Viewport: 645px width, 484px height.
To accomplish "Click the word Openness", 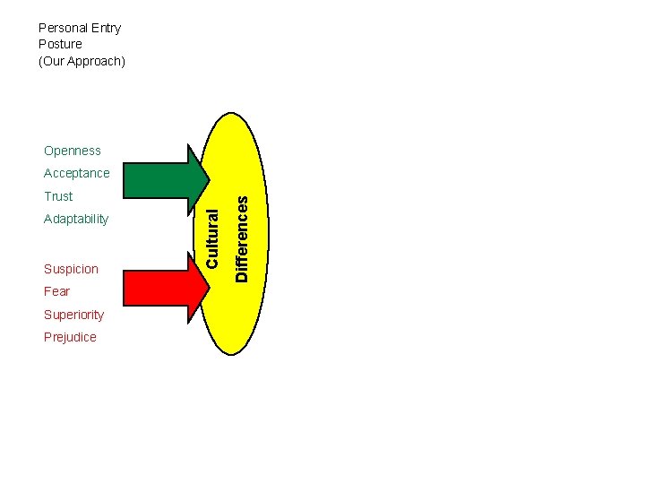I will coord(73,151).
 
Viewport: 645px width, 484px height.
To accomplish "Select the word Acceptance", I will coord(77,173).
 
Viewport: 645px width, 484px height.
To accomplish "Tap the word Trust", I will coord(58,196).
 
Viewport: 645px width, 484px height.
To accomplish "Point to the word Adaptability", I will coord(76,219).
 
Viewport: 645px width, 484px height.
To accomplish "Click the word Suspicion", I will coord(71,269).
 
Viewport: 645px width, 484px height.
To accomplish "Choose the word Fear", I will coord(56,291).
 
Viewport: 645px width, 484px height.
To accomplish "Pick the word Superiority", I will coord(73,315).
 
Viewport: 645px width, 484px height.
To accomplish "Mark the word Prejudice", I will coord(70,337).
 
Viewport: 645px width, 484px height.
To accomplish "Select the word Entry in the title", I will coord(106,28).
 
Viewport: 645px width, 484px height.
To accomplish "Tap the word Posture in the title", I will coord(60,44).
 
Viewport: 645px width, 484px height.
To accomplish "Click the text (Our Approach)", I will coord(82,61).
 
